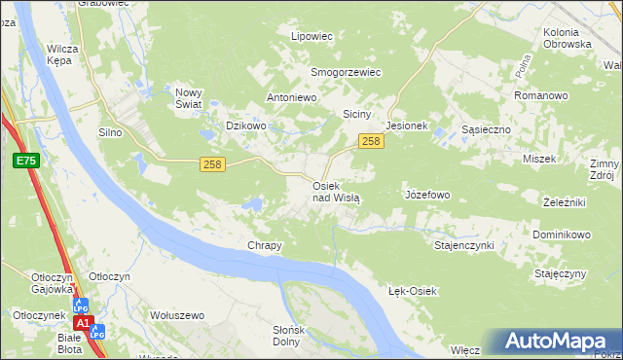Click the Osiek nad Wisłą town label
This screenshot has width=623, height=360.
click(x=336, y=191)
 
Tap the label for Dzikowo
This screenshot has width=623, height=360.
click(x=246, y=126)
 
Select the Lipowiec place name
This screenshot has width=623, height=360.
click(x=312, y=36)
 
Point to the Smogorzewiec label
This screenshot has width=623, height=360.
click(x=345, y=72)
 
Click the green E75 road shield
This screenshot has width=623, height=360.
click(x=26, y=160)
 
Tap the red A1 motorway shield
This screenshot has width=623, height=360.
click(x=84, y=322)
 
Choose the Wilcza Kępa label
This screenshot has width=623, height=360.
click(x=61, y=53)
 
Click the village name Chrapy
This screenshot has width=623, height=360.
click(x=265, y=246)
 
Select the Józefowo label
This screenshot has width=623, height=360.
click(x=426, y=195)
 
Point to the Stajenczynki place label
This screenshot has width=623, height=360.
click(x=464, y=245)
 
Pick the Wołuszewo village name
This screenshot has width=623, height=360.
click(x=177, y=315)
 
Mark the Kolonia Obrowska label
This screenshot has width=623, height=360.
click(x=568, y=38)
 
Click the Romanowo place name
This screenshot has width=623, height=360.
click(x=540, y=96)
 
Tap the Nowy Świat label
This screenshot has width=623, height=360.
click(x=187, y=98)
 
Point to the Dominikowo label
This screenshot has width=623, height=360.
click(x=562, y=235)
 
